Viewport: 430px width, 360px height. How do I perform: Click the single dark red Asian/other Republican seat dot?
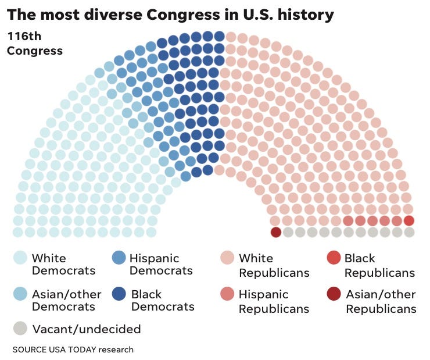point(276,232)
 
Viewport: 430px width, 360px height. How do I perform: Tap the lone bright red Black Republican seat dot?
point(409,220)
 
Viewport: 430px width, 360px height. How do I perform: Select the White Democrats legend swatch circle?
point(20,258)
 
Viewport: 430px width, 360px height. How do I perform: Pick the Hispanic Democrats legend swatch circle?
point(119,258)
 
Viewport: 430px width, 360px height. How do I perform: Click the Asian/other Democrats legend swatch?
point(20,294)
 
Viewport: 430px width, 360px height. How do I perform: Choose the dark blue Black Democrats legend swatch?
point(119,294)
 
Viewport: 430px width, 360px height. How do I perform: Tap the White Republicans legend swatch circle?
point(227,258)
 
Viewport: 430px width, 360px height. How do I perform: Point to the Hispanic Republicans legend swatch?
point(227,294)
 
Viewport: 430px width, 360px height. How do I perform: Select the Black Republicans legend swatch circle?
point(333,258)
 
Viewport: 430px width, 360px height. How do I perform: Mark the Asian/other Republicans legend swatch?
point(333,294)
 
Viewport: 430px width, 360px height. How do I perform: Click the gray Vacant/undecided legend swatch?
point(20,329)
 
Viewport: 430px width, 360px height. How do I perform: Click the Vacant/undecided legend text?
point(87,329)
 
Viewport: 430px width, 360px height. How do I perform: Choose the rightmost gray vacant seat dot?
point(409,232)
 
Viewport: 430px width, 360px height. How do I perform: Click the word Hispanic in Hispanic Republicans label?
point(263,294)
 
